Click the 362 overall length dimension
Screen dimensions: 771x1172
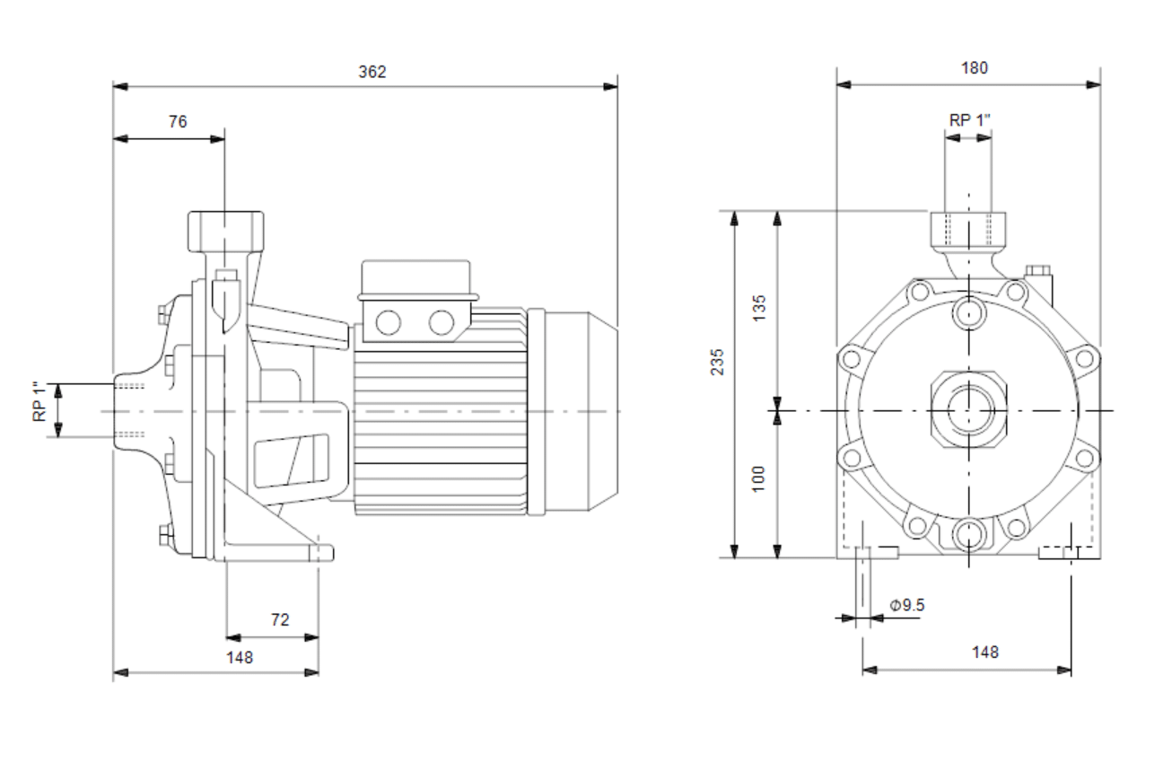(372, 72)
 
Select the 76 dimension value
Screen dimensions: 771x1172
(178, 122)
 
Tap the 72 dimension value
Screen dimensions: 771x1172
(280, 619)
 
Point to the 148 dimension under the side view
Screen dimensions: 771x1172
(240, 657)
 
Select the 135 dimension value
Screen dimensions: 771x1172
(760, 308)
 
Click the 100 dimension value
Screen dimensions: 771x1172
(760, 477)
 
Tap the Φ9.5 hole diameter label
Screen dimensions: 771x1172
(906, 605)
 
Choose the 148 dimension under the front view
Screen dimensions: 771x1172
(984, 653)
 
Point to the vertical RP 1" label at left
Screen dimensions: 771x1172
(39, 402)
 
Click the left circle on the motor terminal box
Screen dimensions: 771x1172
(389, 322)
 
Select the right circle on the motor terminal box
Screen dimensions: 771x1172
(441, 322)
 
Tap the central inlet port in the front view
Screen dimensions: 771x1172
(969, 411)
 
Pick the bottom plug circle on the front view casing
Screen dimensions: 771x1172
(969, 535)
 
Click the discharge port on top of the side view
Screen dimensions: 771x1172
(225, 232)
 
